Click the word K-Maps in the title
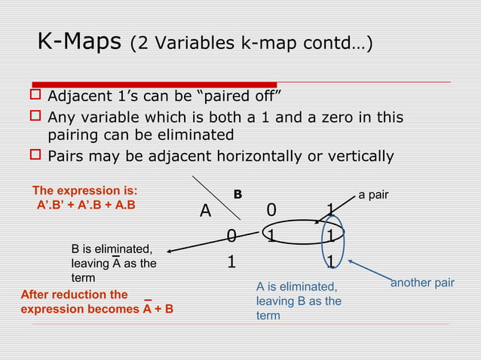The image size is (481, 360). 79,42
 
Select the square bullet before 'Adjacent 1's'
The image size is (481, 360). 34,98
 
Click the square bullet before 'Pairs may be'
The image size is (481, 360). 34,157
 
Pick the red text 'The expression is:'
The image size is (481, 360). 84,191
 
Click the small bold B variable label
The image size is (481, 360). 237,194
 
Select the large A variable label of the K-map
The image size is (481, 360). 205,212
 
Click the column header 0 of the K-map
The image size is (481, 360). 271,209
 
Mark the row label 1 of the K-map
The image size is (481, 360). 233,261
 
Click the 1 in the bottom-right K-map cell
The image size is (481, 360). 330,261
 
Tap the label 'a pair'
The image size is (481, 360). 373,195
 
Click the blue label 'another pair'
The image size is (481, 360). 422,283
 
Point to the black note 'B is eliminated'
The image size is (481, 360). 112,249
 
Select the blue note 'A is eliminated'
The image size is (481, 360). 297,287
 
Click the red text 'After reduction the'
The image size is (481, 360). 74,294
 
